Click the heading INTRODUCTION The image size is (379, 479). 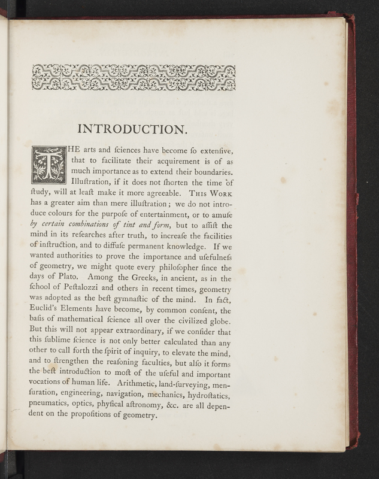(x=134, y=129)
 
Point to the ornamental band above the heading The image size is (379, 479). (x=134, y=78)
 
